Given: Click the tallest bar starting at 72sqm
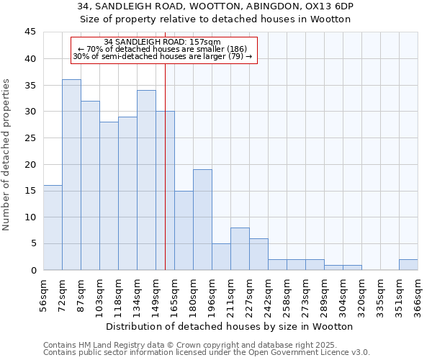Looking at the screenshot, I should pyautogui.click(x=71, y=175).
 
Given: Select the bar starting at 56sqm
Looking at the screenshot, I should pyautogui.click(x=53, y=228).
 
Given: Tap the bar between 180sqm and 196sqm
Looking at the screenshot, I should pyautogui.click(x=202, y=220).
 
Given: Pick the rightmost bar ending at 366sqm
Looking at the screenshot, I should pyautogui.click(x=408, y=265).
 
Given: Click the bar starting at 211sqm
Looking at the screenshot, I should pyautogui.click(x=240, y=249).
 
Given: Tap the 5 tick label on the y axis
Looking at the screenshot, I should pyautogui.click(x=32, y=244).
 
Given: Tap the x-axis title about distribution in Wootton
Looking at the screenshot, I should pyautogui.click(x=230, y=327).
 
